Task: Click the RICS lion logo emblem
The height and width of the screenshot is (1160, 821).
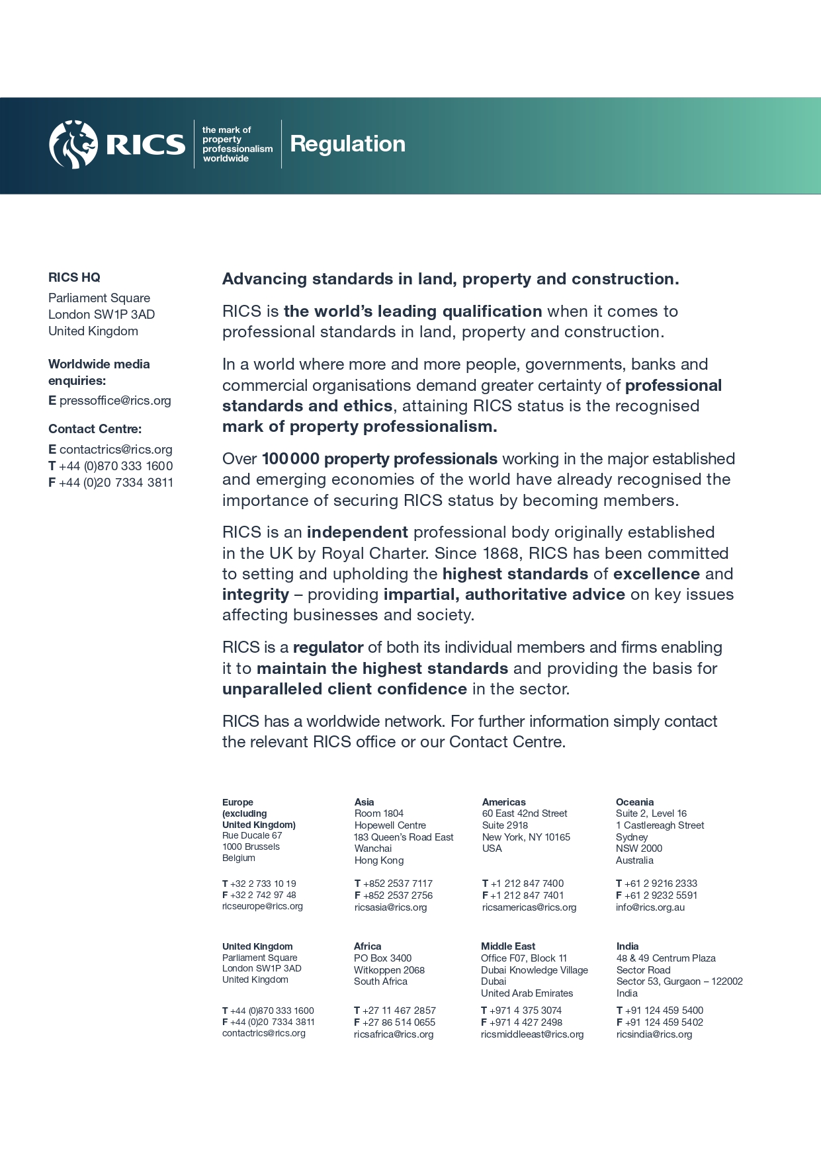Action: click(x=73, y=144)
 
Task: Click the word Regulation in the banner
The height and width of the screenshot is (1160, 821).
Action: click(x=347, y=144)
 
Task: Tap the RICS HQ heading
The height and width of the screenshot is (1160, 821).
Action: click(x=74, y=278)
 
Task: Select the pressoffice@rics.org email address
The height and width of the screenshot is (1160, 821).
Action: click(x=115, y=401)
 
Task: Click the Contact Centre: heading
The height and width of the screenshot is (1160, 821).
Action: click(x=95, y=429)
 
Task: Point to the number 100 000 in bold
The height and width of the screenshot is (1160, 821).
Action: click(x=290, y=459)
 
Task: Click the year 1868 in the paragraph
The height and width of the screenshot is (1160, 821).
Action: click(x=500, y=554)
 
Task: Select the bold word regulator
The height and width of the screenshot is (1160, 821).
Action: click(x=328, y=647)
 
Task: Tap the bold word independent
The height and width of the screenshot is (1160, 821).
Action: click(x=357, y=532)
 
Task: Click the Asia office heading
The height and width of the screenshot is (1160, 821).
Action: click(x=364, y=802)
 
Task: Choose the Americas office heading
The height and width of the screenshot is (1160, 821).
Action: click(x=503, y=802)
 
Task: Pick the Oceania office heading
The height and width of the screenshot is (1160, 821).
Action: click(x=634, y=802)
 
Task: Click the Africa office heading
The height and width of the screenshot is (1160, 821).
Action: click(x=367, y=946)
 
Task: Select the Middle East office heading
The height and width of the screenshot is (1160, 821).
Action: click(x=507, y=946)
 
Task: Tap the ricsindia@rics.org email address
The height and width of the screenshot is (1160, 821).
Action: click(x=654, y=1034)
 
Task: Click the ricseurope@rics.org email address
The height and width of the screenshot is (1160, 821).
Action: click(x=262, y=907)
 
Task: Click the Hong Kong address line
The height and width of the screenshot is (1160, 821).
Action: click(x=378, y=860)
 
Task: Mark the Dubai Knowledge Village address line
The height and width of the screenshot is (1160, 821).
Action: click(x=534, y=970)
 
